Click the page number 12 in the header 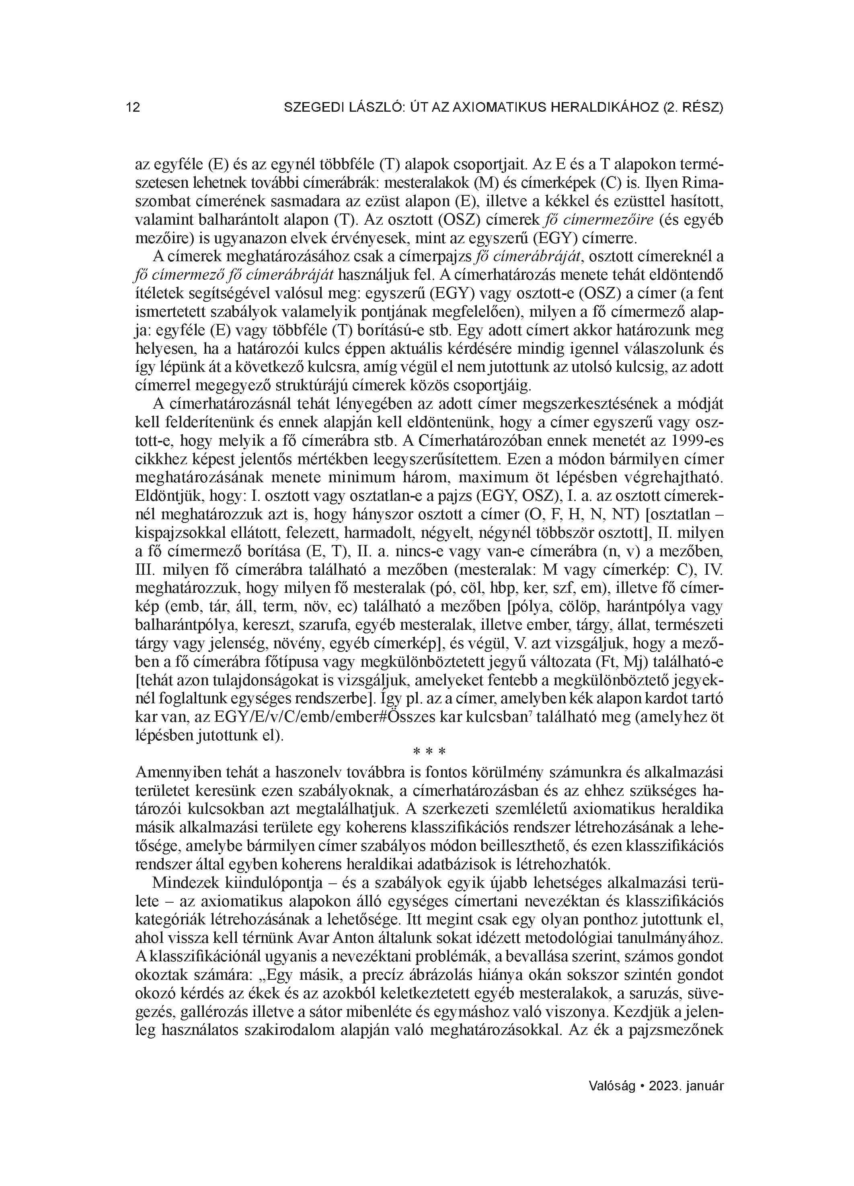click(133, 108)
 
